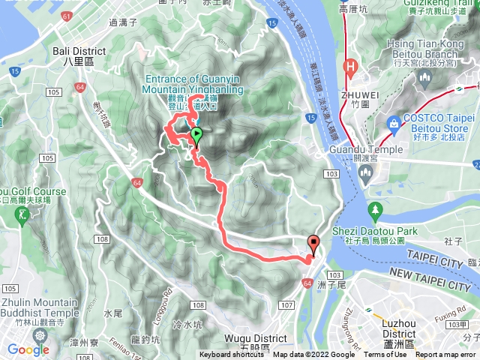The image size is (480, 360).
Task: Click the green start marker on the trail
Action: tap(196, 136)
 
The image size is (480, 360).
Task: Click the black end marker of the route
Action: tap(313, 243)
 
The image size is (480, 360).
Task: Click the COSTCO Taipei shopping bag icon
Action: tap(391, 122)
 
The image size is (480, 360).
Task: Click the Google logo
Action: tap(28, 349)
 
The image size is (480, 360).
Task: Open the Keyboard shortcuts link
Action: tap(233, 355)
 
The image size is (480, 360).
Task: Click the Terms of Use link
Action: tap(385, 355)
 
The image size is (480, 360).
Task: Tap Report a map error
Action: tap(447, 355)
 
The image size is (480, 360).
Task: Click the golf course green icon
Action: tap(22, 214)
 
